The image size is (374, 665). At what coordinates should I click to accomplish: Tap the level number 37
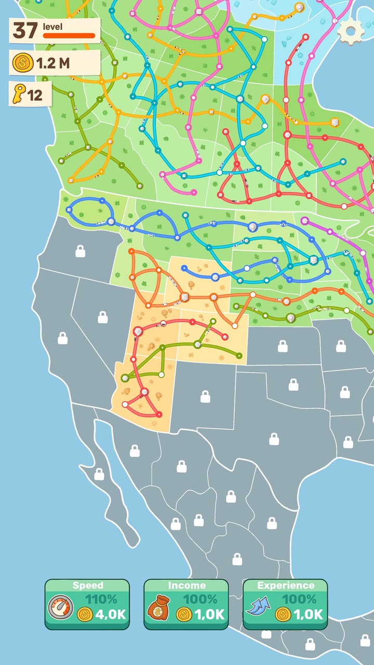pyautogui.click(x=25, y=31)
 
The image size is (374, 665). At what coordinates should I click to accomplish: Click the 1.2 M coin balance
pyautogui.click(x=52, y=63)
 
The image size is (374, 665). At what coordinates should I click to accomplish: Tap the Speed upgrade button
pyautogui.click(x=87, y=604)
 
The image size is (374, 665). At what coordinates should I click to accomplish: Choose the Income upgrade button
pyautogui.click(x=186, y=604)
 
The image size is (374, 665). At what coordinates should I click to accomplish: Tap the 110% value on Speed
pyautogui.click(x=102, y=599)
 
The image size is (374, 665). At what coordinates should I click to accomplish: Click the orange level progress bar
pyautogui.click(x=69, y=36)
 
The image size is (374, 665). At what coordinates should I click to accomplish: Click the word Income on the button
pyautogui.click(x=186, y=586)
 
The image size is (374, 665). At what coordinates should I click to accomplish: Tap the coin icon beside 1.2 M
pyautogui.click(x=22, y=63)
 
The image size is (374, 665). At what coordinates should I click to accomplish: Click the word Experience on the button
pyautogui.click(x=285, y=586)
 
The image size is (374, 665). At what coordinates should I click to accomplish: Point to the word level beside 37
pyautogui.click(x=52, y=26)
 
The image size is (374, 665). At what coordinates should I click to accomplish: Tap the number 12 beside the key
pyautogui.click(x=35, y=96)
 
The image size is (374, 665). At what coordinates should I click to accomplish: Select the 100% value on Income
pyautogui.click(x=201, y=599)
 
